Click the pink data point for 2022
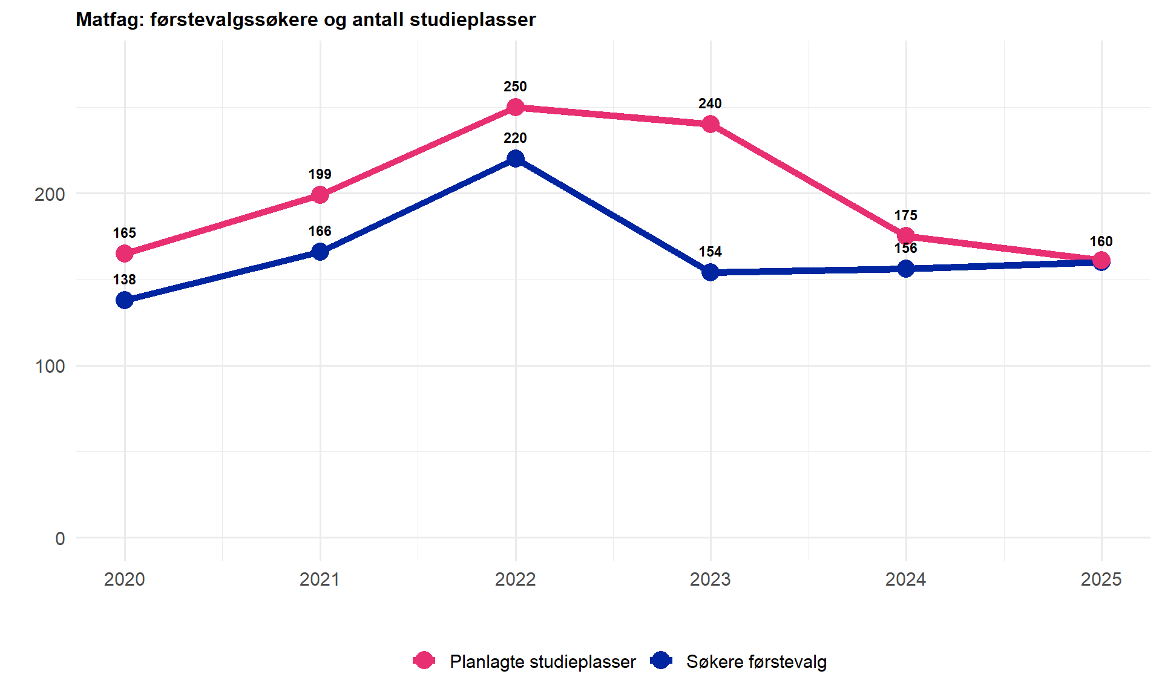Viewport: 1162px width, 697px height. [x=515, y=108]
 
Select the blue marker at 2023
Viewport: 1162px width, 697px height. [x=711, y=272]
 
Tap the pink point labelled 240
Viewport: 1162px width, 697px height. [x=711, y=125]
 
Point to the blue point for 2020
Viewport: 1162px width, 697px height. [x=125, y=300]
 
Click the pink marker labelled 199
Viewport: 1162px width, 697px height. [x=320, y=195]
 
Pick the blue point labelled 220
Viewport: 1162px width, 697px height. [x=515, y=159]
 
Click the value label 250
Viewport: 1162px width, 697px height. [x=515, y=87]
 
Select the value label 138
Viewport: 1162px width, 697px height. [x=125, y=280]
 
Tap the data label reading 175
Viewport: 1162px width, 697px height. [x=905, y=215]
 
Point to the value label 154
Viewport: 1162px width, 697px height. [x=711, y=252]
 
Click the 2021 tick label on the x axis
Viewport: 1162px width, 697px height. [x=320, y=579]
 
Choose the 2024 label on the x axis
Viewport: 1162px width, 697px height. [x=905, y=579]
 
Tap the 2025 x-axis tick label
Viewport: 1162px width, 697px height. [x=1101, y=579]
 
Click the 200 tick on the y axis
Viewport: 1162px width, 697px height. [x=50, y=194]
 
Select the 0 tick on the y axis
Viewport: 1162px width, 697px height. [x=60, y=538]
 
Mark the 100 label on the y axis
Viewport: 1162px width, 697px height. [x=50, y=366]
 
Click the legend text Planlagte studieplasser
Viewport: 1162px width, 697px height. [x=542, y=661]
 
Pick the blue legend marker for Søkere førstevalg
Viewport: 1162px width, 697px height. [x=661, y=661]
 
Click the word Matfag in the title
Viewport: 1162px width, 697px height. [x=108, y=19]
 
